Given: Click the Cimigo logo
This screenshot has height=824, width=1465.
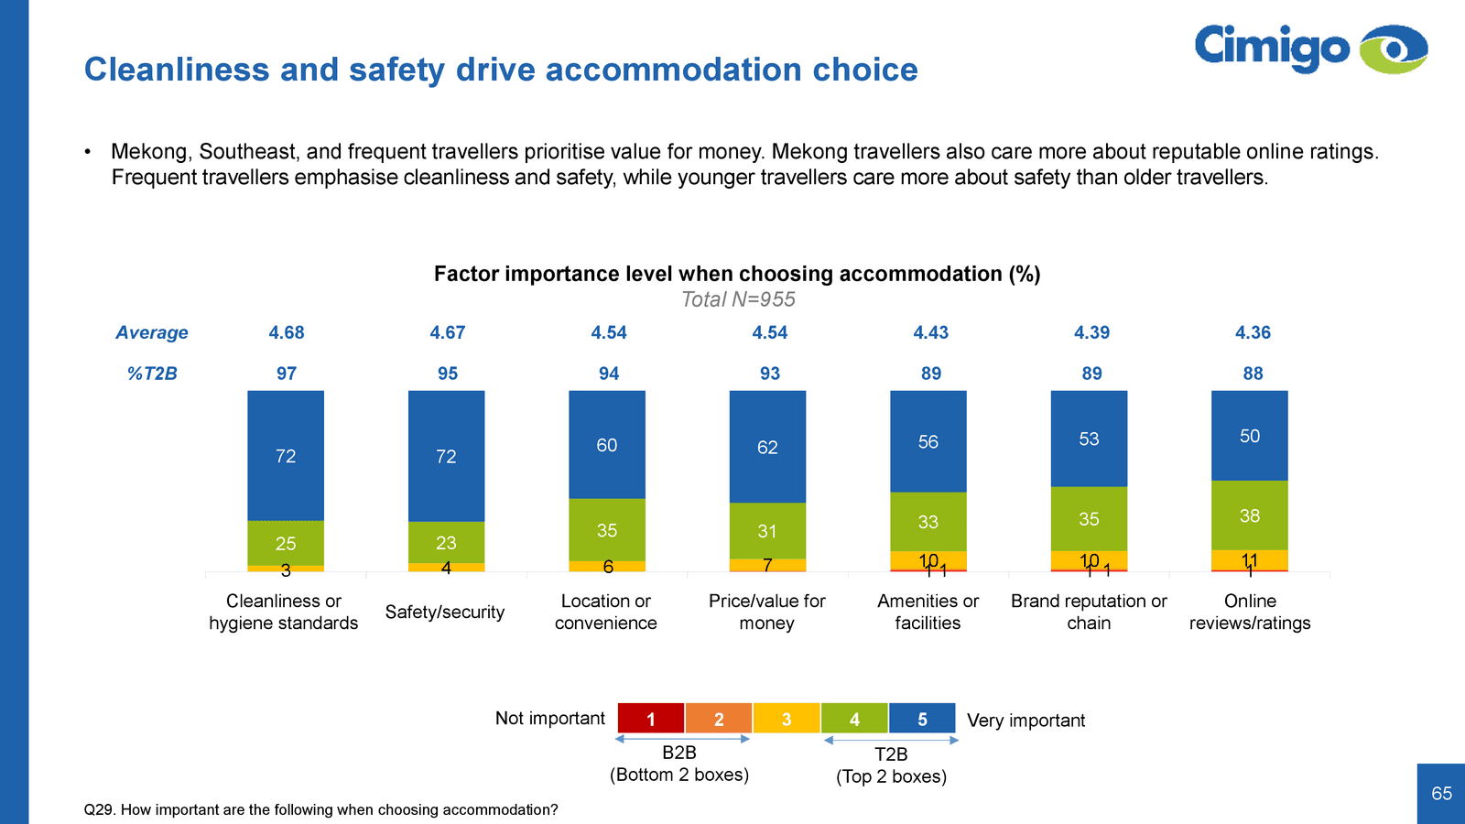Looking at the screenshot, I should point(1310,49).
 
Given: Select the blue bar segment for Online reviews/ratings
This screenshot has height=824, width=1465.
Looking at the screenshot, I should point(1249,436).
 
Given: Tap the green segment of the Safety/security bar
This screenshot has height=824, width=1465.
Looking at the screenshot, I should point(446,542).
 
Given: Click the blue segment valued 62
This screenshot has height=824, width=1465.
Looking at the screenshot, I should point(767,447).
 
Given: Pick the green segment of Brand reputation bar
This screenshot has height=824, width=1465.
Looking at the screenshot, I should point(1089,518).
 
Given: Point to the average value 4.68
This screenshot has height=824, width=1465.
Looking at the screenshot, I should point(287,332).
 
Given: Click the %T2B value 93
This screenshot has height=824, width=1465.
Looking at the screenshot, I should point(770,374).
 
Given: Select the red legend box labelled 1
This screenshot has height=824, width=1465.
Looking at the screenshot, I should point(651,719).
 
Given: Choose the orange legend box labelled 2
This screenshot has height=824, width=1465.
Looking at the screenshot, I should point(719,719).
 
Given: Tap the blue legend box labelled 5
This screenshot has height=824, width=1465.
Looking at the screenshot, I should point(922,719).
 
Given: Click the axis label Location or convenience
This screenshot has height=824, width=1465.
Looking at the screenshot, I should point(606,612).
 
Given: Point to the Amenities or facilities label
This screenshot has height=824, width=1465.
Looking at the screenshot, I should point(928,612).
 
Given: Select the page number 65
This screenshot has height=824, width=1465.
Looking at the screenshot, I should point(1441,794).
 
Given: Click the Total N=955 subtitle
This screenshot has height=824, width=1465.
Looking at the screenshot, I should point(738,299).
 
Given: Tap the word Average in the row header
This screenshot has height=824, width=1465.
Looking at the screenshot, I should point(152,332).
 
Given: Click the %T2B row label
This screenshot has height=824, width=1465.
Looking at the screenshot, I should point(152,374).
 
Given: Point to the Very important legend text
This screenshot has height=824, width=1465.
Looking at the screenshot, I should point(1025,721).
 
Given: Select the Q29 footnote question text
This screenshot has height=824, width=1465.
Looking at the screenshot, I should point(320,809).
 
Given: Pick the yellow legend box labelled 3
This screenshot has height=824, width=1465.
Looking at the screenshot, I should point(787,719).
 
